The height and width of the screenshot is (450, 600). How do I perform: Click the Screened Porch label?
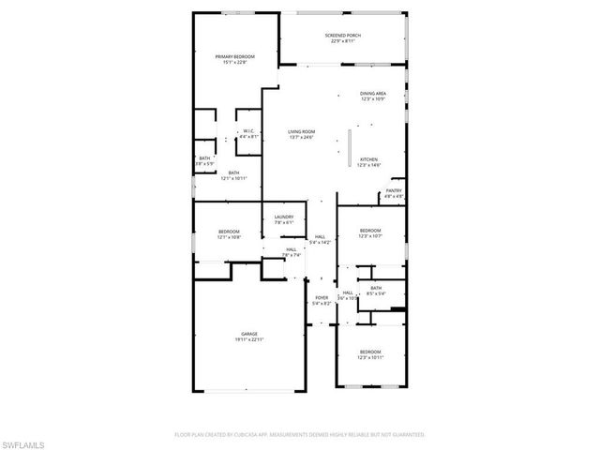[343, 36]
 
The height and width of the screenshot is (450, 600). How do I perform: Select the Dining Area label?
[372, 95]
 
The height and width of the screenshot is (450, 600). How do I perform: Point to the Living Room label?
[301, 132]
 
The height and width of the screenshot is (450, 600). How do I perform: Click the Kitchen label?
[368, 159]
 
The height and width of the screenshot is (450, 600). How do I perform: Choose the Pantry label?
[394, 191]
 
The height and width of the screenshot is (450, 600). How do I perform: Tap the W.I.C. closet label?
[248, 131]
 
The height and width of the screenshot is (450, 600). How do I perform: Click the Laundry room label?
[284, 217]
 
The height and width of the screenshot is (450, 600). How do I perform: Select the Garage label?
[249, 334]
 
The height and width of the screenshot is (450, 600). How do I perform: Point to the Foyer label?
[321, 298]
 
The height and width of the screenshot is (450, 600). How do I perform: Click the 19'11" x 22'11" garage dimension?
[249, 339]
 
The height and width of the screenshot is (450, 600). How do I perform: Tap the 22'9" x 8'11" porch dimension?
[343, 41]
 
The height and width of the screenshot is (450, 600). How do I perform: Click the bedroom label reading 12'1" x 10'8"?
[230, 237]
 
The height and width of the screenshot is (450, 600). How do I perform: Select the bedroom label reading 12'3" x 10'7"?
[370, 236]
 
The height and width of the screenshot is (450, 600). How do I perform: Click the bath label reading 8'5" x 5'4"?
[376, 293]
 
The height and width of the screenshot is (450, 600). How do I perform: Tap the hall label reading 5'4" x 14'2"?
[321, 242]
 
